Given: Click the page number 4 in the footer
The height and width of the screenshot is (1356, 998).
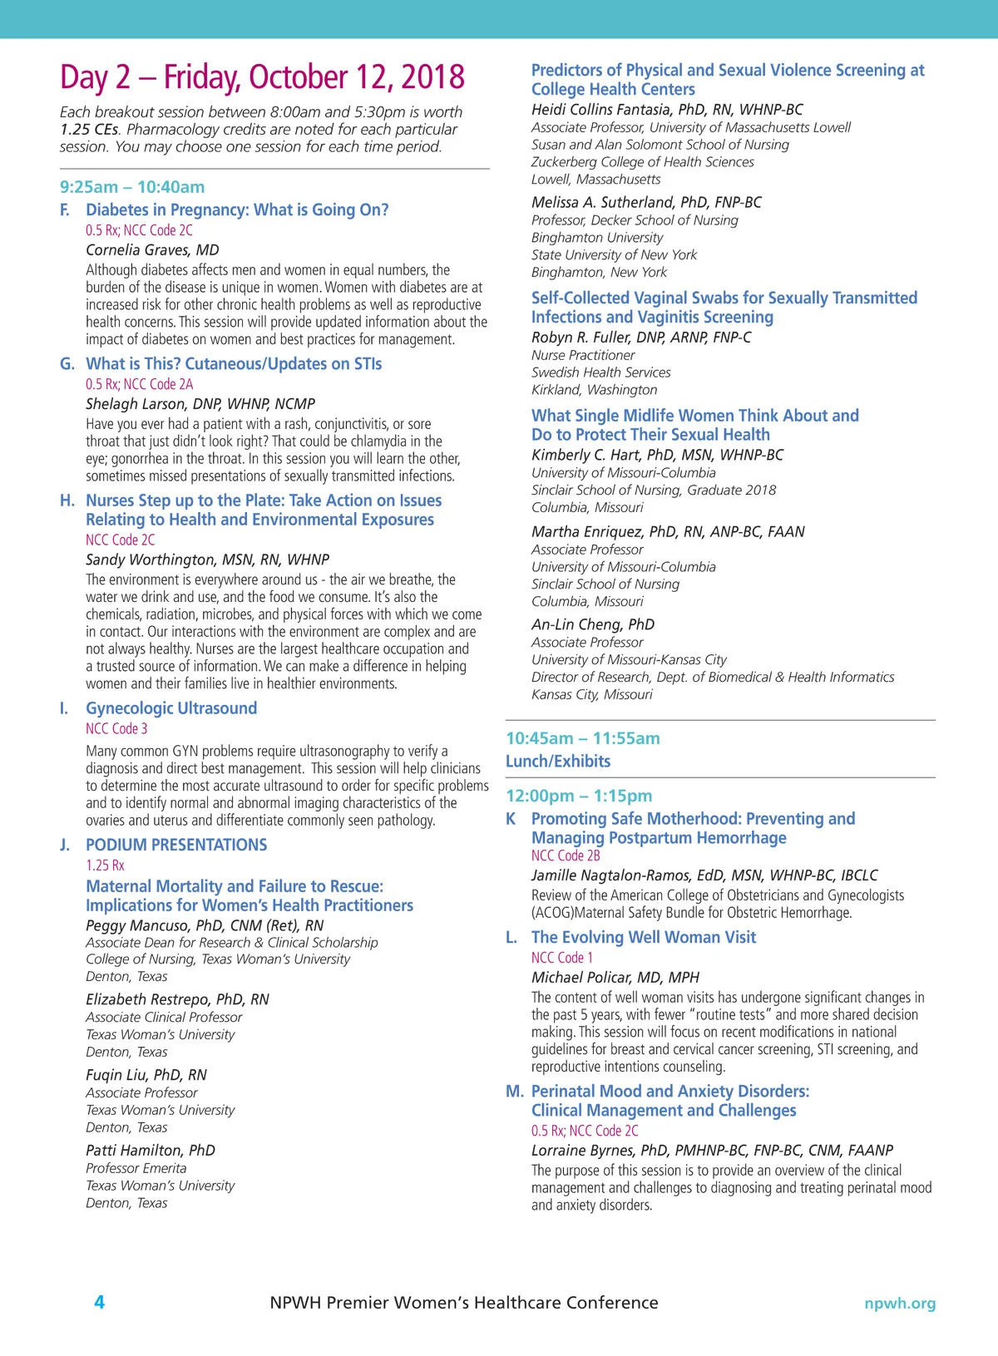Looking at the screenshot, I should point(99,1302).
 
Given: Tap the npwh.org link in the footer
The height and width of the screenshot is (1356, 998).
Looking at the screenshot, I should point(899,1304).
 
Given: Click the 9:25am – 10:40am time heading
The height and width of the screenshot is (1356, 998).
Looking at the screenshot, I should point(132,187).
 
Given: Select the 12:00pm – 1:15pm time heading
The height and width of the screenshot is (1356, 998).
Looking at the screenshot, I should point(579,796).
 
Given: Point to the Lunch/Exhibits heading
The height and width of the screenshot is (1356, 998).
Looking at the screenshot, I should point(558,762).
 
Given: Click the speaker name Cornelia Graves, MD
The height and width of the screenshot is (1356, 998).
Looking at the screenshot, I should point(152,250).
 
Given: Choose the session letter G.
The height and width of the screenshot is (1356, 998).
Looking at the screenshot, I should point(67,364).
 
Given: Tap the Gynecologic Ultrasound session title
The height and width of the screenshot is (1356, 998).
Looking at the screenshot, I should point(171,708).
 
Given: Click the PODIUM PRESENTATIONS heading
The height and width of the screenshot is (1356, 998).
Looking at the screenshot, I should point(176,845).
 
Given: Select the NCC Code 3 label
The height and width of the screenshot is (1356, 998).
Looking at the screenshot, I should point(116,729).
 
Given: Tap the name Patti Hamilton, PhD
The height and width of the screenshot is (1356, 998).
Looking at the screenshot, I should point(151,1151).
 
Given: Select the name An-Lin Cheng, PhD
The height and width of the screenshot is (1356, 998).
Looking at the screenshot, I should point(593,624).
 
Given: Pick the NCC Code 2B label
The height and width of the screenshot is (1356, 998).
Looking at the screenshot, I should point(566,856).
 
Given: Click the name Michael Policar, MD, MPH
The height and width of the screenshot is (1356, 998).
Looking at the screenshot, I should point(615,978).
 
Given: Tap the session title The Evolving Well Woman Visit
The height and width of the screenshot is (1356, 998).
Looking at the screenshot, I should point(644,938).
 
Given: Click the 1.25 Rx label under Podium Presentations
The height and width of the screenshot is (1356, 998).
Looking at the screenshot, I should point(105,865).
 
